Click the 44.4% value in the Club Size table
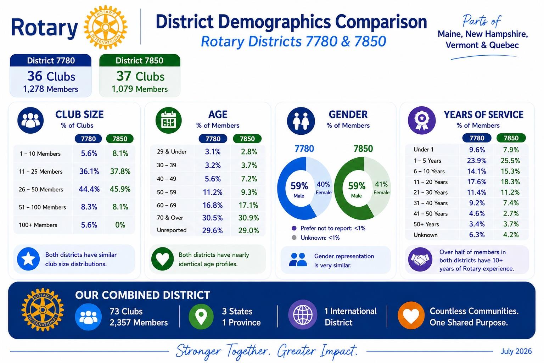89,189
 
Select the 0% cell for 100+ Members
120,225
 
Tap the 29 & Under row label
172,152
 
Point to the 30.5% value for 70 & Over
213,218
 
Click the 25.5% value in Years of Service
510,161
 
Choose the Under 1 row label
423,150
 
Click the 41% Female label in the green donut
381,188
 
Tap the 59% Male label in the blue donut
299,190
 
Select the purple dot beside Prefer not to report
294,228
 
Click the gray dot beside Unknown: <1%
294,238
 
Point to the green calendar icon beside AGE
169,121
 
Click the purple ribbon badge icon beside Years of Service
422,120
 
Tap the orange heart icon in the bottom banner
411,315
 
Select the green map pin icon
201,316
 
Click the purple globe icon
303,315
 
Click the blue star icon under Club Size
28,259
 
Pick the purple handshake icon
420,259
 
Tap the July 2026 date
516,351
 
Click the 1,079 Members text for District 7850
140,89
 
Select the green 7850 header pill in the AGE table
247,139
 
